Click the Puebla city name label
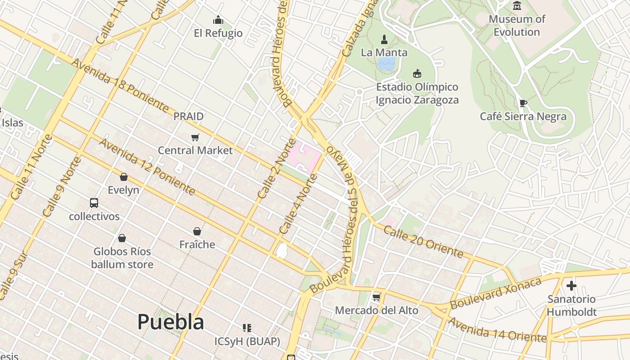171,322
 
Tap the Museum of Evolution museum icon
517,6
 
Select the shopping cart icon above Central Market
195,137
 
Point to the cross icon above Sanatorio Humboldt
571,285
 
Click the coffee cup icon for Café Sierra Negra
523,103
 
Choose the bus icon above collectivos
94,203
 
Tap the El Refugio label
218,33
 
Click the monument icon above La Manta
384,39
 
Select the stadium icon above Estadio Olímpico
417,73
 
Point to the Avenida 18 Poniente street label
120,85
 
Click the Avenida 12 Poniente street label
147,167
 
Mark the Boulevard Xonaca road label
495,293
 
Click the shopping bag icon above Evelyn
124,177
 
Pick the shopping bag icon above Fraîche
197,231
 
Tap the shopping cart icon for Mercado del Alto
377,297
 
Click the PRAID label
189,116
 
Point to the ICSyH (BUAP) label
247,342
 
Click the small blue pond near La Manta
386,63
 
